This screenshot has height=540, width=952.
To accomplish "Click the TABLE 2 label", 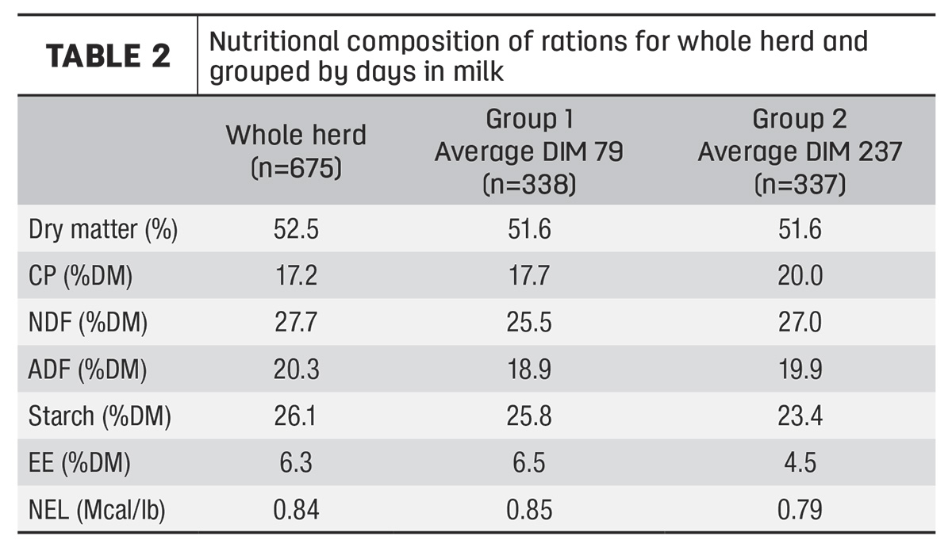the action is (x=109, y=56).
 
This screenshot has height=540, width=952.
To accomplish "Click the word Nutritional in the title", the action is (x=274, y=41).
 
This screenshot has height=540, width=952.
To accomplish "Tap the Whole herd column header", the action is (x=296, y=151).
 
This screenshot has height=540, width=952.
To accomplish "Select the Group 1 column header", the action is (x=529, y=151).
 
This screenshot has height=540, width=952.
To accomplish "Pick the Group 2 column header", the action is (x=800, y=151).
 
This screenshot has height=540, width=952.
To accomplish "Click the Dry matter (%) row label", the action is (x=103, y=229).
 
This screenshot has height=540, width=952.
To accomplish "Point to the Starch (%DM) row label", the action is (x=99, y=416).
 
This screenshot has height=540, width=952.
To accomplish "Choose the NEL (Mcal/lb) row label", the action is (x=97, y=509).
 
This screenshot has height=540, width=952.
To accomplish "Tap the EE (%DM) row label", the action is (x=79, y=462).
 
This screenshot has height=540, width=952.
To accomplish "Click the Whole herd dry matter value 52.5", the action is (x=296, y=229).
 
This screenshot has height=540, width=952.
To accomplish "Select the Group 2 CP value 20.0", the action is (x=800, y=276).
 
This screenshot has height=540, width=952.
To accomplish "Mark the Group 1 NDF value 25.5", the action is (x=529, y=323).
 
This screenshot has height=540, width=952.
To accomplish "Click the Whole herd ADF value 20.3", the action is (x=296, y=370).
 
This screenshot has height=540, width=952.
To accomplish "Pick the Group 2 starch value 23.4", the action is (x=800, y=416).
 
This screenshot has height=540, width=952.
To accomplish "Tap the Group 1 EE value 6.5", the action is (x=529, y=462).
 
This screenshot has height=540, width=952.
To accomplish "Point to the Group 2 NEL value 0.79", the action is (x=800, y=509).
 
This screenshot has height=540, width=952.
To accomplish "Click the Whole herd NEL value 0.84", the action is (x=296, y=509).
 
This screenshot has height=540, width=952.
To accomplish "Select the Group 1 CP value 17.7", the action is (x=529, y=276).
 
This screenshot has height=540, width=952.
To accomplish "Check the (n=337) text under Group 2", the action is (x=800, y=185).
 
